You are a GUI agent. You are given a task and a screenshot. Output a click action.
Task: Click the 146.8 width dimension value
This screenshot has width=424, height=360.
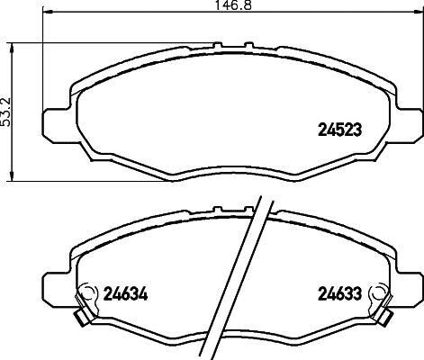(233, 5)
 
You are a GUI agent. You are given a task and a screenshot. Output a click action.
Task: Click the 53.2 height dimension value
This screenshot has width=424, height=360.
(5, 112)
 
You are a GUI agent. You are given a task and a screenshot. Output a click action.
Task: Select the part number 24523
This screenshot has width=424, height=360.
(339, 130)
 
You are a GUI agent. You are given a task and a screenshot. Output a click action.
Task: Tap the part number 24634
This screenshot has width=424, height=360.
(125, 294)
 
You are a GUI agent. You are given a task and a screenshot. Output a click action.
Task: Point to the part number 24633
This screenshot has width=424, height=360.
(339, 294)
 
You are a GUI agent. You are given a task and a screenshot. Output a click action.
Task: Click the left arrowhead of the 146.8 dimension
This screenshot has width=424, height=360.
(48, 12)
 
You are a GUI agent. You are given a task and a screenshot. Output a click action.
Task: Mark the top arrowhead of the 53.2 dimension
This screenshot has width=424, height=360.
(12, 48)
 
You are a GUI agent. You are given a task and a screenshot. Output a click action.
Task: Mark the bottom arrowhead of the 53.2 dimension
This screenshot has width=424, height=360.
(12, 176)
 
